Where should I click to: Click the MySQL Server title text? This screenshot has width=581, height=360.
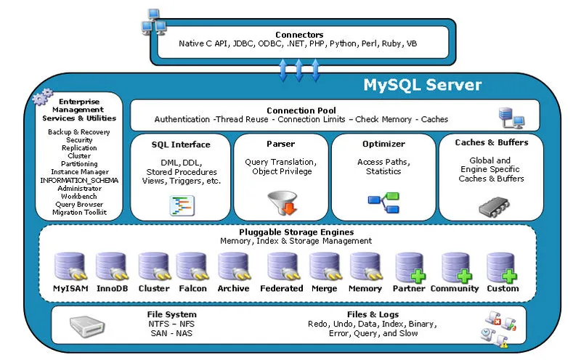pyautogui.click(x=422, y=85)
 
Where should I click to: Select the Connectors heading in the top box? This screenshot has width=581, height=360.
pyautogui.click(x=298, y=35)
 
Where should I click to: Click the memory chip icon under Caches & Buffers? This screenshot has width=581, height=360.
pyautogui.click(x=491, y=205)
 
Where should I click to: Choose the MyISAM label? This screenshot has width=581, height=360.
pyautogui.click(x=70, y=288)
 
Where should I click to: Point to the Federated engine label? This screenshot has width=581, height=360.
pyautogui.click(x=281, y=288)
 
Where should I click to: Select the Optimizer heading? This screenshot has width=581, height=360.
pyautogui.click(x=383, y=144)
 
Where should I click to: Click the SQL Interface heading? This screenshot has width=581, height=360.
pyautogui.click(x=180, y=144)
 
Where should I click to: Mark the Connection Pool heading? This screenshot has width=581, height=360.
pyautogui.click(x=301, y=110)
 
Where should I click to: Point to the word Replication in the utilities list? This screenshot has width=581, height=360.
pyautogui.click(x=79, y=148)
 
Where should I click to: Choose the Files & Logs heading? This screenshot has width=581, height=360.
pyautogui.click(x=362, y=314)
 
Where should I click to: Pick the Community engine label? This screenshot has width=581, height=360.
pyautogui.click(x=455, y=288)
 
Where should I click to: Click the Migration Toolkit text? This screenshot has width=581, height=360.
pyautogui.click(x=79, y=212)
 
